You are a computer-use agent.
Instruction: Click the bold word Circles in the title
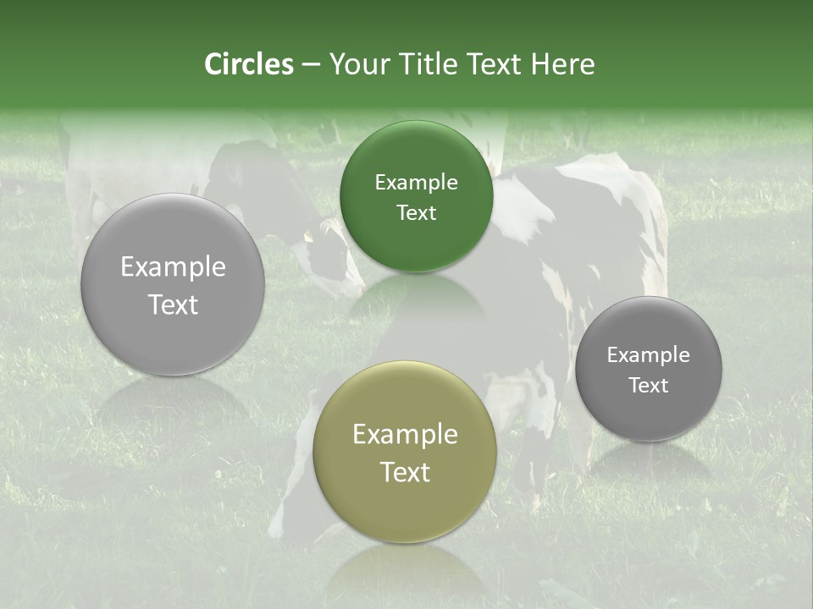click(x=249, y=64)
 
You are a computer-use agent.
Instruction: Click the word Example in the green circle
click(x=416, y=182)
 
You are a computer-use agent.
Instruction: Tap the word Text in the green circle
click(x=416, y=212)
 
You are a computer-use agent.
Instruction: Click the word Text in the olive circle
click(x=405, y=471)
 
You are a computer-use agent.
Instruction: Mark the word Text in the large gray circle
click(x=173, y=304)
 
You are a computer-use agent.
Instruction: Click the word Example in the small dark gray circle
click(x=649, y=354)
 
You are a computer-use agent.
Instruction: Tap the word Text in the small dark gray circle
click(x=649, y=385)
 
